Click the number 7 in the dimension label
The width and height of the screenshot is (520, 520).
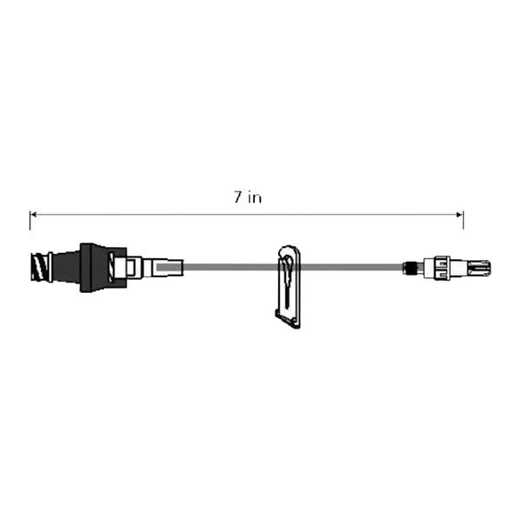(237, 198)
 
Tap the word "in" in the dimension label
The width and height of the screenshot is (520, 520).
(254, 198)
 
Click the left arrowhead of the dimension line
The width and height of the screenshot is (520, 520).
(34, 213)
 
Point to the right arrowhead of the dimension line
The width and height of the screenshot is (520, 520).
(459, 213)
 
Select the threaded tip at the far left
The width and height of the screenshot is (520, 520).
(40, 266)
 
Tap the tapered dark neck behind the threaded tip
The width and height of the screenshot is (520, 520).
(66, 266)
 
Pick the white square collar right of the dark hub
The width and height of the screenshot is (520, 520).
(133, 267)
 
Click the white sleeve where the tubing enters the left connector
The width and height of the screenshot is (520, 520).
(165, 267)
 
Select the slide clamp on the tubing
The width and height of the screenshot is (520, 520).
(289, 282)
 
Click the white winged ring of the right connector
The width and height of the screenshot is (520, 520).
(442, 268)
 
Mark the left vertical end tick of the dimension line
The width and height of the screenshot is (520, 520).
(29, 220)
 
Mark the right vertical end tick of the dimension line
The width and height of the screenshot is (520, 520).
(464, 220)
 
